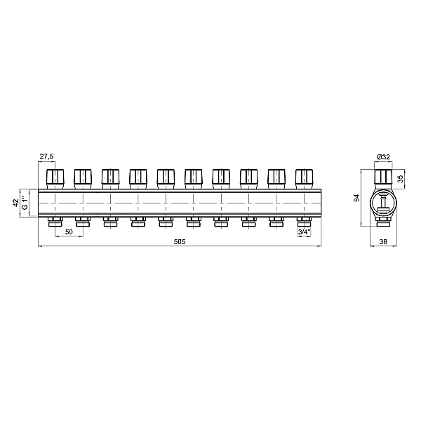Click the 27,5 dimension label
pos(47,156)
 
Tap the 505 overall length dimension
pos(180,242)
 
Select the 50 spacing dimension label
pos(69,232)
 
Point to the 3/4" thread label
pos(304,232)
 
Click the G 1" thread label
pos(25,203)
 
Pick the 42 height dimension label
pos(16,203)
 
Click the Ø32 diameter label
pos(383,157)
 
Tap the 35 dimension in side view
pos(401,179)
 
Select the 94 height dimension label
pos(356,198)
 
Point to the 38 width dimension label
pos(383,242)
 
